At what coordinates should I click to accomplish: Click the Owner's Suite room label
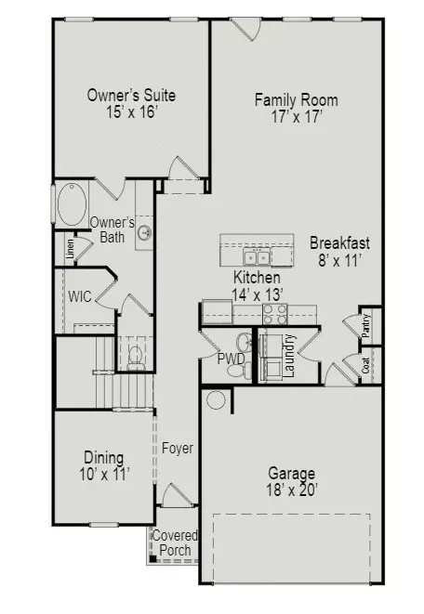(x=131, y=95)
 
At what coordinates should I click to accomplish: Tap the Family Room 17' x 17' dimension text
(x=297, y=117)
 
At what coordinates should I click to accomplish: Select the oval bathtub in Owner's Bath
(x=73, y=203)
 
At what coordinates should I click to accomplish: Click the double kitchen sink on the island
(x=257, y=257)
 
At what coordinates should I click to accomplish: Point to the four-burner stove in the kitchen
(x=274, y=314)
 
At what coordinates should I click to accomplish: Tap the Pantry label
(x=366, y=326)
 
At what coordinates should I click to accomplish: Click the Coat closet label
(x=366, y=365)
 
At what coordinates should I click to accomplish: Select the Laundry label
(x=289, y=356)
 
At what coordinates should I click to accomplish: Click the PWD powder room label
(x=232, y=359)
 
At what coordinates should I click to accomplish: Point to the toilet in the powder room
(x=240, y=370)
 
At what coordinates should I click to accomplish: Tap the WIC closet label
(x=80, y=296)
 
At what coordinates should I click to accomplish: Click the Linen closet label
(x=70, y=249)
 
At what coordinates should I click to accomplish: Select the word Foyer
(x=178, y=449)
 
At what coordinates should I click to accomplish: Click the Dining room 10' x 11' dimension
(x=104, y=475)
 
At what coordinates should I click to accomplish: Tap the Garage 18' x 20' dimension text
(x=292, y=490)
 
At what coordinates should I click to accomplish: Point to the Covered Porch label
(x=175, y=542)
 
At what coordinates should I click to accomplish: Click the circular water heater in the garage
(x=216, y=400)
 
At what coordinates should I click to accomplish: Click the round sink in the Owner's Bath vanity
(x=145, y=234)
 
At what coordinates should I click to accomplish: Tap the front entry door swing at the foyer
(x=178, y=494)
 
